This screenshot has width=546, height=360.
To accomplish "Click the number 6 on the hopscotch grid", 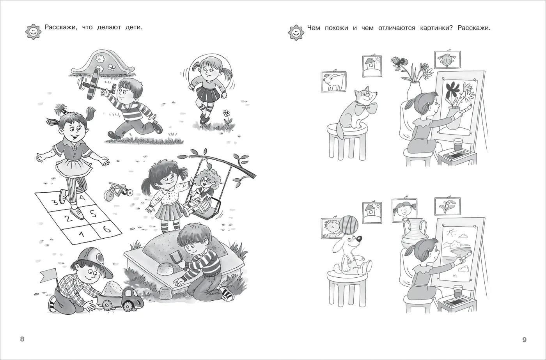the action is click(x=106, y=229).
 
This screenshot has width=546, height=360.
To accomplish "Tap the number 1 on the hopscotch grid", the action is click(x=82, y=234).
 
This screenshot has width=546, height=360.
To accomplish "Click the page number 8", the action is click(x=22, y=339).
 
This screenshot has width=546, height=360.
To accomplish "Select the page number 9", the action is click(x=525, y=340).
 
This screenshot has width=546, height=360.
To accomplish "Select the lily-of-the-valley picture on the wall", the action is click(x=447, y=205).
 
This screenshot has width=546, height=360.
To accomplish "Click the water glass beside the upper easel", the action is click(x=458, y=145).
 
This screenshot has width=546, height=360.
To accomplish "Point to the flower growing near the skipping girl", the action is click(x=227, y=118).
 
